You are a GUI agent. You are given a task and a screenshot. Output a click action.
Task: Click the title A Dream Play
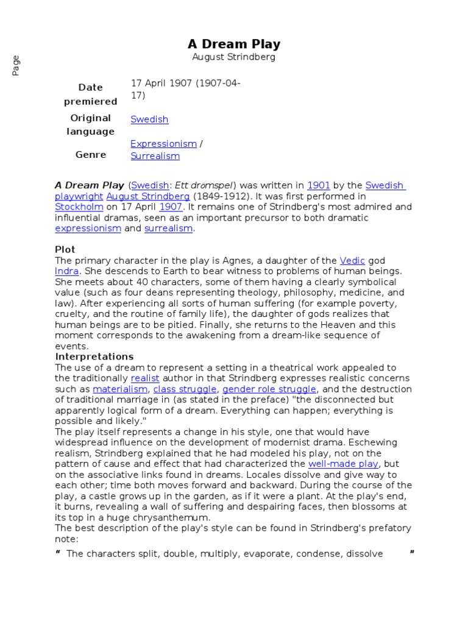tap(233, 44)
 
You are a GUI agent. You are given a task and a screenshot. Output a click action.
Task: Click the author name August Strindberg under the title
tap(233, 57)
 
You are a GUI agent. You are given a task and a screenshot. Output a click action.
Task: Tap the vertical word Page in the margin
tap(16, 65)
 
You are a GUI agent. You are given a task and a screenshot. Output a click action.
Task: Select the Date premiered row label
tap(91, 94)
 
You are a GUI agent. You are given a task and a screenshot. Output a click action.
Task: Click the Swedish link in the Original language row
tap(149, 119)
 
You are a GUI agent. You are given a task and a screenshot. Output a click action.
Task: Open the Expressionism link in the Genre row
tap(163, 144)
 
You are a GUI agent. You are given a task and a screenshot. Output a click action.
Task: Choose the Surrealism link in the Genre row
tap(155, 156)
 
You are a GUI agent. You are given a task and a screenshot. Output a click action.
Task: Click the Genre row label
tap(91, 155)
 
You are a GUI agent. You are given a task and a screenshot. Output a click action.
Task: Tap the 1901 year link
tap(318, 185)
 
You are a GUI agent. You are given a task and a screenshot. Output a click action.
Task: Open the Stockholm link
tap(79, 207)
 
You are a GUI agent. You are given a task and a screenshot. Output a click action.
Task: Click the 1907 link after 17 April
tap(171, 207)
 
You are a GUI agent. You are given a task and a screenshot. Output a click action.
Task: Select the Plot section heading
tap(65, 249)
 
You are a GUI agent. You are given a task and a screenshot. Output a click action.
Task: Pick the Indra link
tap(66, 271)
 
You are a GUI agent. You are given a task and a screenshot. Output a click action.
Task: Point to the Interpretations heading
tap(94, 356)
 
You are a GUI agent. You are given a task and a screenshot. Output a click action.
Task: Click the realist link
tap(145, 378)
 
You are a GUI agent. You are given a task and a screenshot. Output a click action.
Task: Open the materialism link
tap(120, 389)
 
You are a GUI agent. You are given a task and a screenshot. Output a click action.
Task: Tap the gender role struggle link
tap(269, 389)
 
